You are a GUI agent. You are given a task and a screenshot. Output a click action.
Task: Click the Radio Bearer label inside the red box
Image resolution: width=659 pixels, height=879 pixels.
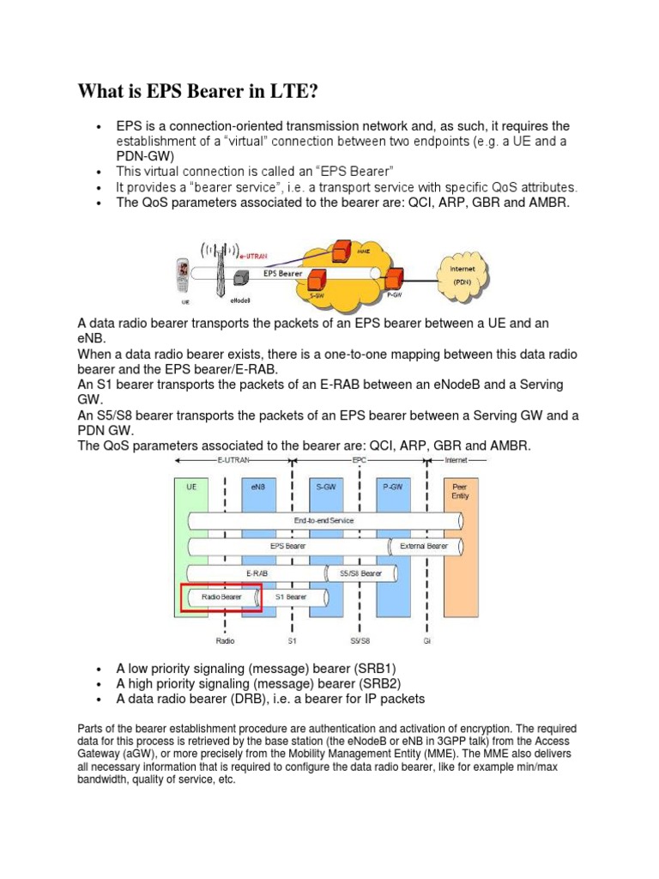tap(221, 596)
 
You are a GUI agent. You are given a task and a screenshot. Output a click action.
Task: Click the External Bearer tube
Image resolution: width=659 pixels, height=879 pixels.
tap(424, 546)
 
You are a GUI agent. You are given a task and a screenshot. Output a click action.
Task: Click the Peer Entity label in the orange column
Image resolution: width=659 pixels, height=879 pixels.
tap(460, 490)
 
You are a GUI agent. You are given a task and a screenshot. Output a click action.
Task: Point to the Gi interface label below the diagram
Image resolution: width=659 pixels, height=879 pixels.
tap(426, 640)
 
